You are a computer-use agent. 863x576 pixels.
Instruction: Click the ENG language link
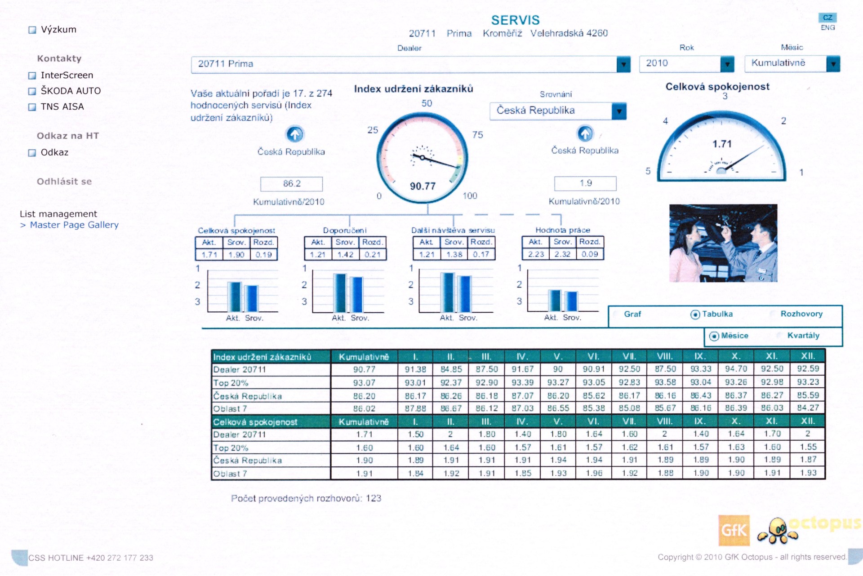click(x=827, y=28)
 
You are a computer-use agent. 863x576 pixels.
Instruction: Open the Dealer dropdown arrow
click(x=623, y=65)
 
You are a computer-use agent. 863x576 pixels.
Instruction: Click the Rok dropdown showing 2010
click(x=686, y=64)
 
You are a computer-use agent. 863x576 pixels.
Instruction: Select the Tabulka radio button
click(x=695, y=315)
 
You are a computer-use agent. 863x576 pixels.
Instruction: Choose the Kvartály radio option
click(x=781, y=336)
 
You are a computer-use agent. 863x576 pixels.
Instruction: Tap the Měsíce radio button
click(x=714, y=336)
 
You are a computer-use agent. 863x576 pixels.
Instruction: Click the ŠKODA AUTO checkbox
click(x=32, y=91)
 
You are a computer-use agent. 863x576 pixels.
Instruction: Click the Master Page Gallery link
click(x=74, y=225)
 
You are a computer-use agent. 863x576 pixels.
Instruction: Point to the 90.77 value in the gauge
click(x=423, y=186)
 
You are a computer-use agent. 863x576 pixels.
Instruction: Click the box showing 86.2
click(x=291, y=184)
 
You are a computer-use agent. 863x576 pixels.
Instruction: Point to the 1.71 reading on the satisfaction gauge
click(x=722, y=144)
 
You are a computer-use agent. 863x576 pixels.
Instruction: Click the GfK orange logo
click(x=734, y=530)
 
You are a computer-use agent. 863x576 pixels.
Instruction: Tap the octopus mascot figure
click(x=778, y=531)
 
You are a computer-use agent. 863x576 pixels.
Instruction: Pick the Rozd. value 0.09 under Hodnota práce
click(x=590, y=254)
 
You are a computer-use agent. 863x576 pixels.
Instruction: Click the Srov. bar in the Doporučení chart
click(x=357, y=294)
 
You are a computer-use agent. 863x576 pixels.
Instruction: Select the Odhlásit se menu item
click(x=64, y=182)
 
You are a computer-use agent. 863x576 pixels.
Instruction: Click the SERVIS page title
click(x=515, y=20)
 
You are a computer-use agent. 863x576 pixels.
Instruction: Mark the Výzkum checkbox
click(x=32, y=30)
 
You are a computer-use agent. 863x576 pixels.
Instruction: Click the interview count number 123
click(x=373, y=498)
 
